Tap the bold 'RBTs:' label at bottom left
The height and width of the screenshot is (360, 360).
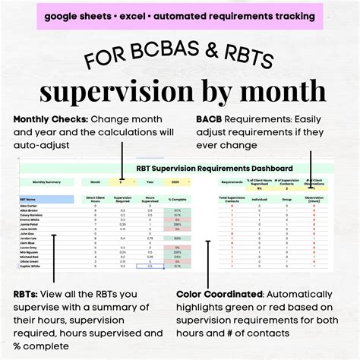[29, 294]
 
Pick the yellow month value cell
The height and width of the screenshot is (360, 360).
[124, 182]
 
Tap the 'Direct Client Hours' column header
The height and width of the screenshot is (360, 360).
[96, 198]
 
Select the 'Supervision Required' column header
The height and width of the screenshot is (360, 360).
[124, 198]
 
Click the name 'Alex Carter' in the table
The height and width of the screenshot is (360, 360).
[29, 206]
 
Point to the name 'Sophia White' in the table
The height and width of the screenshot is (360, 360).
[30, 267]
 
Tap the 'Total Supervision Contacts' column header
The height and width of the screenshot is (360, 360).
[232, 198]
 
